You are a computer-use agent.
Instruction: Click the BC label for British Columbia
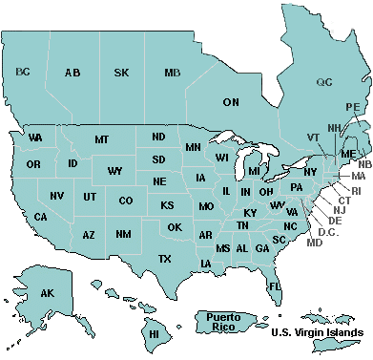24,72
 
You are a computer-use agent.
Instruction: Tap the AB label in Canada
73,73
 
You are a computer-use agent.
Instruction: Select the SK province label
122,73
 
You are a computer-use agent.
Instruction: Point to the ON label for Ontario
231,101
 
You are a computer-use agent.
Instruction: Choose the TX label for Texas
164,259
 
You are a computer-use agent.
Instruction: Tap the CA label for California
41,217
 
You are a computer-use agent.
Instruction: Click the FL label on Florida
274,286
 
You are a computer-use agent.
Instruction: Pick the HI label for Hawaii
152,334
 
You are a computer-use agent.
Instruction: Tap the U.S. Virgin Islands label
316,332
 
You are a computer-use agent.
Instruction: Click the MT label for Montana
101,140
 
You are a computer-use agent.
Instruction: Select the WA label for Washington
35,138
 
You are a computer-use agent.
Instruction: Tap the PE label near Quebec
353,107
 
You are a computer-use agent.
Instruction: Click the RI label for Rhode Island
357,191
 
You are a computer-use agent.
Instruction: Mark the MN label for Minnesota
193,147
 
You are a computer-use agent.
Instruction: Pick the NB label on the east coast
365,164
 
